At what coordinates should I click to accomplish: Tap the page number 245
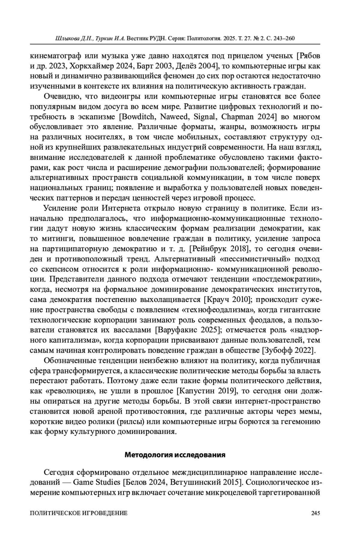(x=316, y=513)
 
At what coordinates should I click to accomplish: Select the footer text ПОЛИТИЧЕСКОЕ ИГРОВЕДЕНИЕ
(x=79, y=513)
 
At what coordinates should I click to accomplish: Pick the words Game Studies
(x=97, y=483)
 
